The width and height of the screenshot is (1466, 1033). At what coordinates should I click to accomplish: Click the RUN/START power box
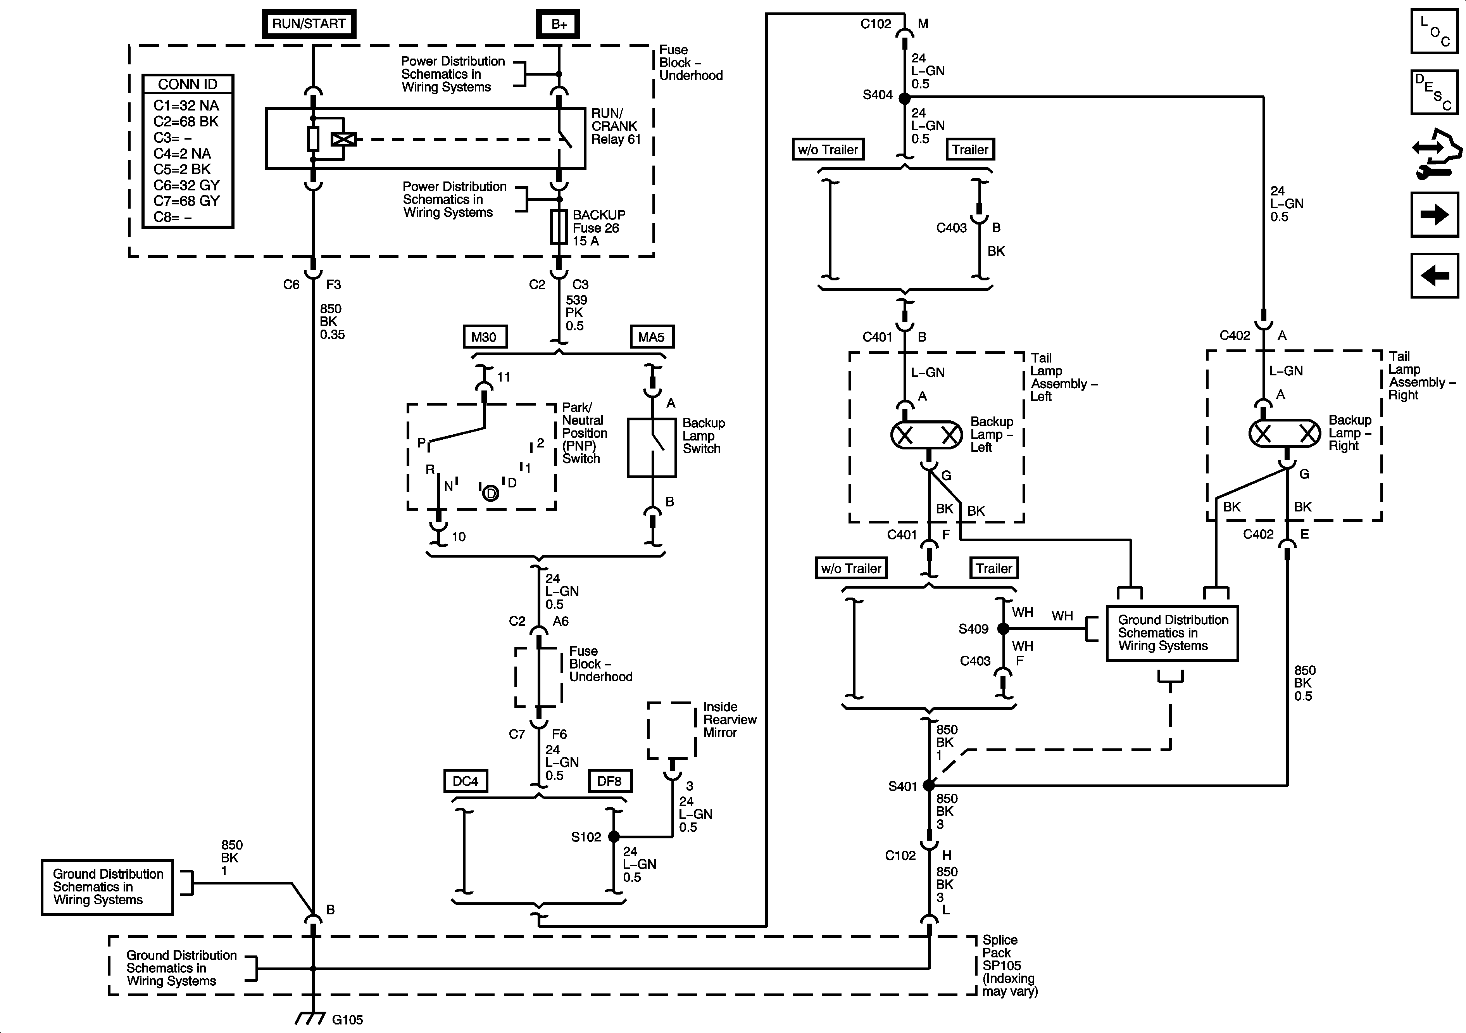tap(309, 24)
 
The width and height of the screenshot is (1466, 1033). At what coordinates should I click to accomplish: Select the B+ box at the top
tap(559, 24)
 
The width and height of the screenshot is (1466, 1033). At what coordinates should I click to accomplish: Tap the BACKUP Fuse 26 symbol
tap(559, 228)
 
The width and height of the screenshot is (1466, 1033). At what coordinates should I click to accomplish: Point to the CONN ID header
tap(188, 84)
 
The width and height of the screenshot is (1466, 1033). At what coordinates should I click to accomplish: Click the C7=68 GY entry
tap(186, 200)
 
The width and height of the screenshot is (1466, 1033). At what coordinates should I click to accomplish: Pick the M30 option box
tap(485, 337)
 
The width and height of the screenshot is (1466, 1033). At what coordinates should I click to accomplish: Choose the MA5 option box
tap(651, 337)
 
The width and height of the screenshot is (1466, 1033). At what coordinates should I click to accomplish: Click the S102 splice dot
tap(614, 836)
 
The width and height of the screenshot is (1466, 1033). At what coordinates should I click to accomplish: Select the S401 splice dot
tap(929, 785)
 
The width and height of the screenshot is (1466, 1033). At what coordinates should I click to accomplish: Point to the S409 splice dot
tap(1003, 629)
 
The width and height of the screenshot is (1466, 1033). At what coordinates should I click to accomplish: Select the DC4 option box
tap(466, 781)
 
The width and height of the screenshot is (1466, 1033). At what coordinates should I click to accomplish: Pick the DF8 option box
tap(609, 781)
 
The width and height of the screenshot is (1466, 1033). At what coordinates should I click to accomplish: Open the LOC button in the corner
tap(1434, 31)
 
